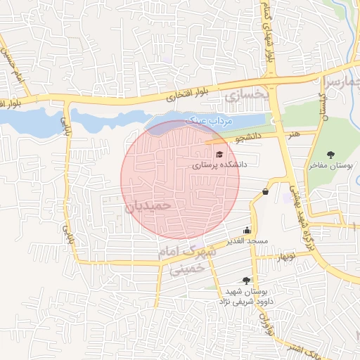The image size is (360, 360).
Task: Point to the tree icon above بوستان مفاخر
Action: click(331, 155)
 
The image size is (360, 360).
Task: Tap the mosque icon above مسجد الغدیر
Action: click(247, 230)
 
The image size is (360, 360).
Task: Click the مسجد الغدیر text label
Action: click(247, 241)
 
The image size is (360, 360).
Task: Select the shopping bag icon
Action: click(265, 191)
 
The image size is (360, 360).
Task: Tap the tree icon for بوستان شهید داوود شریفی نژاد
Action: click(245, 281)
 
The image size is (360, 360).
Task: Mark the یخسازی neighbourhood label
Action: click(246, 93)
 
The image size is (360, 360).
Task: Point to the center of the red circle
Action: click(180, 179)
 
